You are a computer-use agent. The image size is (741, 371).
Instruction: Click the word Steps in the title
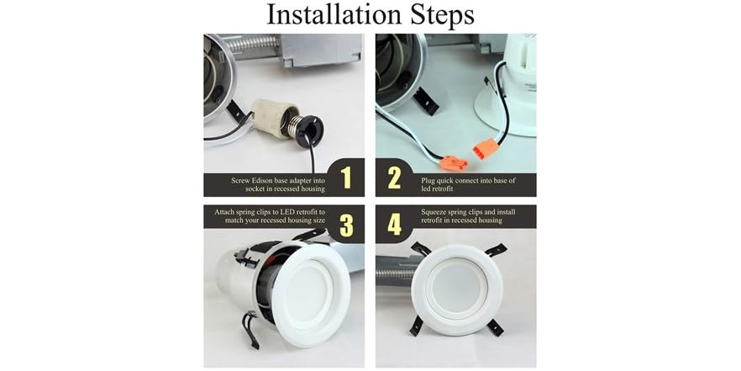[x=439, y=15]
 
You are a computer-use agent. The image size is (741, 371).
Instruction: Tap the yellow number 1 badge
[x=344, y=178]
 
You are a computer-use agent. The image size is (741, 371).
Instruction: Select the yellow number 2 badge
[x=395, y=178]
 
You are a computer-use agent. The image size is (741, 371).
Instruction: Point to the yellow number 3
[x=344, y=224]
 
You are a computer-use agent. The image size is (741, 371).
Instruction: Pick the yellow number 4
[x=395, y=224]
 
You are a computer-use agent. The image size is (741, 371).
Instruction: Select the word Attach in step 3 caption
[x=218, y=210]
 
